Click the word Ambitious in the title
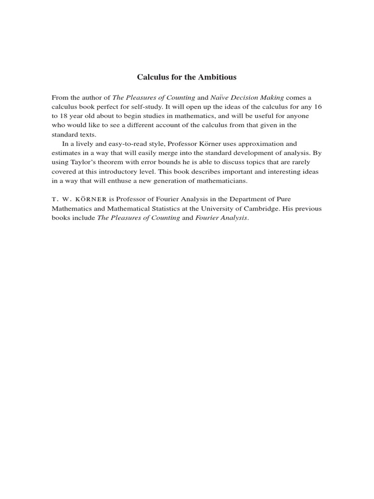coord(216,77)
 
